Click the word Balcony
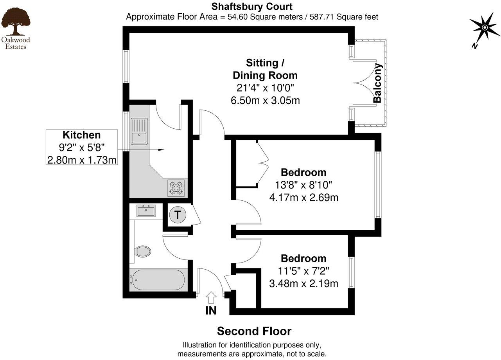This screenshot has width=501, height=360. (x=377, y=83)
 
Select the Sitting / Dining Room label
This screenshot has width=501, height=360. (x=265, y=69)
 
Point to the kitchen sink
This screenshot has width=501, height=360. (x=139, y=131)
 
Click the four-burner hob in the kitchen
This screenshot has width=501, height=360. (x=176, y=188)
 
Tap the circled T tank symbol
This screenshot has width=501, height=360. (x=178, y=215)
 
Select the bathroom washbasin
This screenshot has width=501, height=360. (x=146, y=211)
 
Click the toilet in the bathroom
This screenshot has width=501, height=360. (x=142, y=251)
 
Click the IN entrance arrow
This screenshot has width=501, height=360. (x=211, y=297)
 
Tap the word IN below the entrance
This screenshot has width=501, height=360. (x=211, y=311)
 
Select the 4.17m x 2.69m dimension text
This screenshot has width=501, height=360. (x=303, y=198)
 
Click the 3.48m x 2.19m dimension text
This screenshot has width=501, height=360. (x=303, y=283)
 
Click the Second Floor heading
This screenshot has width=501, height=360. (x=254, y=331)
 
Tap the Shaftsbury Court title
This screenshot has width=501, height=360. (x=252, y=7)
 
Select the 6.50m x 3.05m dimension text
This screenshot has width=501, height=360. (x=265, y=100)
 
